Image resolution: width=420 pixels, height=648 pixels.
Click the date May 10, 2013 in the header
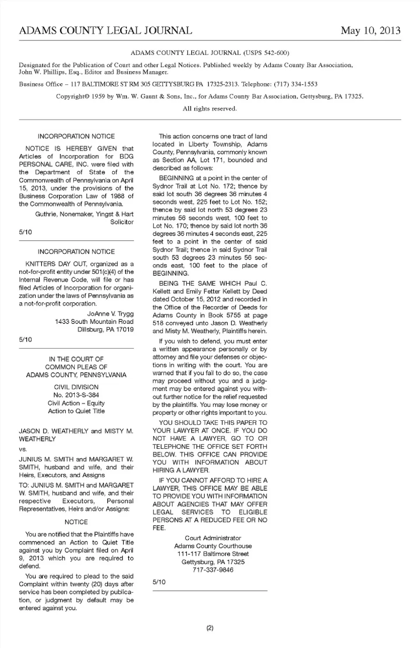tap(371, 31)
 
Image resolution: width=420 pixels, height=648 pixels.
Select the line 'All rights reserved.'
tap(210, 108)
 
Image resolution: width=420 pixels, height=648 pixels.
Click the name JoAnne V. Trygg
tap(110, 314)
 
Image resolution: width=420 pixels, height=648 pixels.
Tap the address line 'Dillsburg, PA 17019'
tap(105, 329)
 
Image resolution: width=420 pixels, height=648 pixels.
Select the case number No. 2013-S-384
tap(76, 395)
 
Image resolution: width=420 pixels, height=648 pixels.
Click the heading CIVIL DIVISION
tap(76, 387)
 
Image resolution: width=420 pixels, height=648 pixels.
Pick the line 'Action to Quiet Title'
tap(76, 411)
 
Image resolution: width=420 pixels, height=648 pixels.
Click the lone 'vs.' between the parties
tap(23, 449)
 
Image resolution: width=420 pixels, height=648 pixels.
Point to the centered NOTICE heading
tap(76, 522)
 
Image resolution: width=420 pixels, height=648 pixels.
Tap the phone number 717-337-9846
tap(213, 570)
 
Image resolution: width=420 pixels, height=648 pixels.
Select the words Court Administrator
tap(213, 538)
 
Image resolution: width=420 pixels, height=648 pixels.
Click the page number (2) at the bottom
tap(210, 628)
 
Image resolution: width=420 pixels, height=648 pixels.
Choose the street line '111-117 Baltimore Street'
tap(213, 554)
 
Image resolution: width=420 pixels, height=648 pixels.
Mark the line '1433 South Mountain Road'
tap(94, 322)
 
